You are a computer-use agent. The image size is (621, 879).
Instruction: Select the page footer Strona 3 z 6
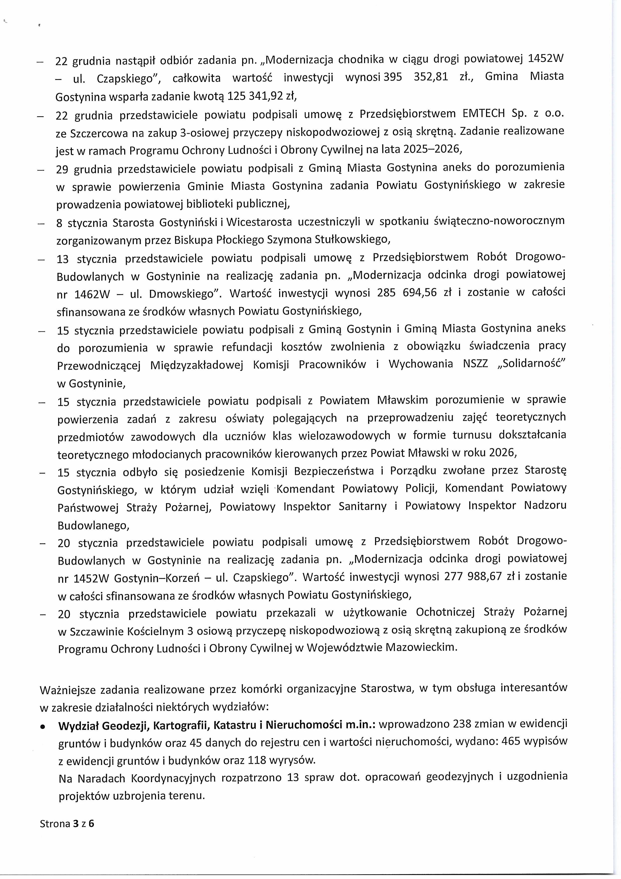(67, 823)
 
